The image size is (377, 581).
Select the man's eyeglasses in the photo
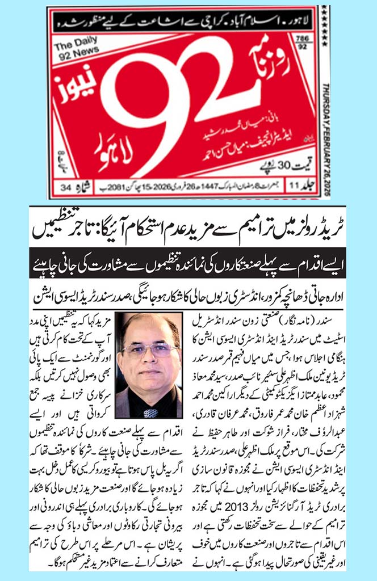[x=149, y=350]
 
